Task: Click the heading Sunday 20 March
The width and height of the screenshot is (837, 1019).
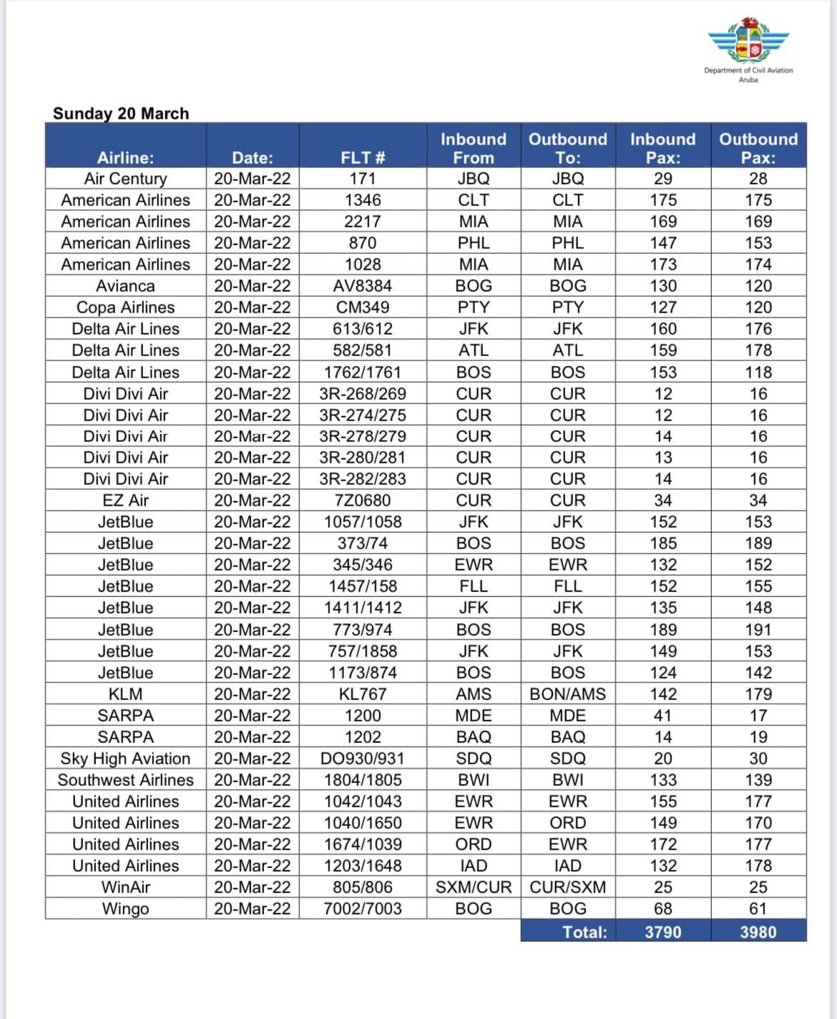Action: pyautogui.click(x=121, y=114)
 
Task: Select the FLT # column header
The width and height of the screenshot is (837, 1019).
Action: pyautogui.click(x=363, y=158)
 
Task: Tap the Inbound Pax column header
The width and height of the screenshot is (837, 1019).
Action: pyautogui.click(x=662, y=148)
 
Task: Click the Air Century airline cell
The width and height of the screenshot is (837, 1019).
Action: pyautogui.click(x=125, y=179)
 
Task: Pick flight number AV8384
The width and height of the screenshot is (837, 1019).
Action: pyautogui.click(x=363, y=286)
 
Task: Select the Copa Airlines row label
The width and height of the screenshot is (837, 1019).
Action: pyautogui.click(x=125, y=307)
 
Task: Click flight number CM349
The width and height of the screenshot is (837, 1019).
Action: pyautogui.click(x=363, y=307)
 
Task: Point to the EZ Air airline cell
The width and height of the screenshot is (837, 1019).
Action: pyautogui.click(x=125, y=501)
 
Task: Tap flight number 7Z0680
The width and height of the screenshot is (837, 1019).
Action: pyautogui.click(x=363, y=501)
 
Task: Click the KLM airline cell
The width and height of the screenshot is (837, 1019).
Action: pyautogui.click(x=125, y=694)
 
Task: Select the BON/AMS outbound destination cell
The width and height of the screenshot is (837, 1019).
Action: pyautogui.click(x=567, y=694)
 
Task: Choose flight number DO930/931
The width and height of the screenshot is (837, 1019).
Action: pyautogui.click(x=363, y=759)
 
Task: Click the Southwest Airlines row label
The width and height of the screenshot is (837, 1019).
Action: pyautogui.click(x=125, y=780)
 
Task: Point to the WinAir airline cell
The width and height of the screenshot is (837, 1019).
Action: pyautogui.click(x=125, y=887)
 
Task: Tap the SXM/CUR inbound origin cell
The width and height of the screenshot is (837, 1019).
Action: pyautogui.click(x=474, y=887)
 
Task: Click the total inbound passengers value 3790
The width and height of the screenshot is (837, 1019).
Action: pyautogui.click(x=662, y=932)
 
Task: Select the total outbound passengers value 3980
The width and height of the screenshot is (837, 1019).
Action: pyautogui.click(x=758, y=932)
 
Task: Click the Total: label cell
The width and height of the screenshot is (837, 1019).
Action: pyautogui.click(x=584, y=932)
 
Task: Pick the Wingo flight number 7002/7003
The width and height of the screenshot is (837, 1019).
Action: pyautogui.click(x=363, y=909)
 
